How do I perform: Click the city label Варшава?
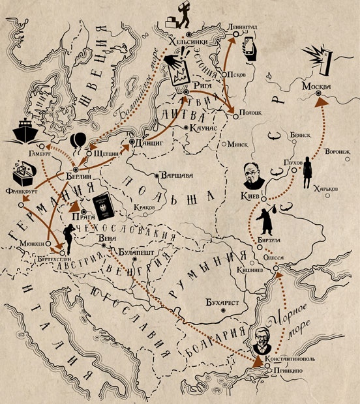tap(176, 175)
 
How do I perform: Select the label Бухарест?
tap(218, 303)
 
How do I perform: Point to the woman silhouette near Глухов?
tap(306, 174)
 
